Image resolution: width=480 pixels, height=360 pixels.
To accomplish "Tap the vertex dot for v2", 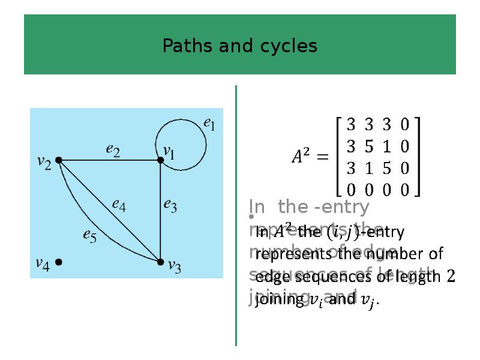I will click(59, 160).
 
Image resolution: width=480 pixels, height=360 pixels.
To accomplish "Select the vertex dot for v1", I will click(160, 160).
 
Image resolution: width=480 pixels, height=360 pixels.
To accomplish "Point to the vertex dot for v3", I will click(160, 262).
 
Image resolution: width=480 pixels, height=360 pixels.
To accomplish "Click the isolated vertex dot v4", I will click(59, 262).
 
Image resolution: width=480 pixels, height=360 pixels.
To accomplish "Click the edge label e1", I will click(209, 125).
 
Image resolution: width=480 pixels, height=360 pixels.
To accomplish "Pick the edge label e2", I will click(113, 150).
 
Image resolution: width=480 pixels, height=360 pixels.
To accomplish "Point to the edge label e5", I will click(89, 236).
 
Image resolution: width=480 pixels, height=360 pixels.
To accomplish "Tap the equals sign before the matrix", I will click(322, 157).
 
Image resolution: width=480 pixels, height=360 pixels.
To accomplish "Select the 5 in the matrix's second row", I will click(369, 146).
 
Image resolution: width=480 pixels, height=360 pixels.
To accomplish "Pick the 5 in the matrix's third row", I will click(387, 168).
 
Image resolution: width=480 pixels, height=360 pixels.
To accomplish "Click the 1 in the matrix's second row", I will click(387, 146).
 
